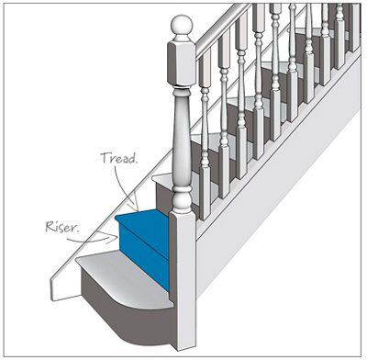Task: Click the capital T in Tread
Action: (104, 158)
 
